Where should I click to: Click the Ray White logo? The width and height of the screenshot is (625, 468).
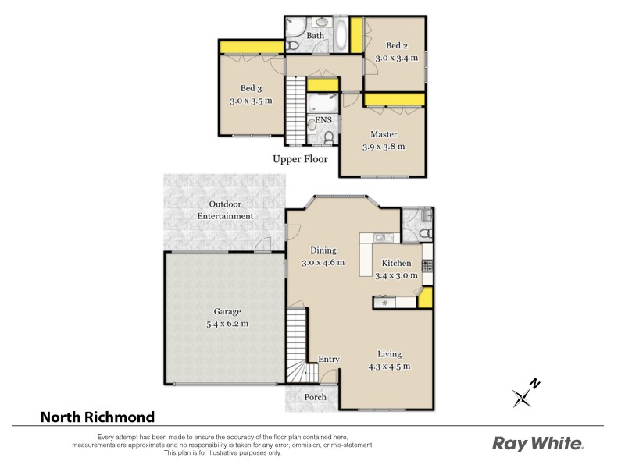click(x=537, y=444)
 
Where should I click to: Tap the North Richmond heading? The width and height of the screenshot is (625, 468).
click(x=98, y=417)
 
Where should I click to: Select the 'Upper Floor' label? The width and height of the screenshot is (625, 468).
click(x=300, y=159)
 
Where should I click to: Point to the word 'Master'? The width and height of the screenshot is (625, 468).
click(x=384, y=134)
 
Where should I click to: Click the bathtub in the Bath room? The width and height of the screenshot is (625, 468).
click(x=342, y=35)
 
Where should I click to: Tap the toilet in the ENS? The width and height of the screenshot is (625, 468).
click(x=328, y=137)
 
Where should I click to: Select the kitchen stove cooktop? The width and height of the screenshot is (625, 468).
click(x=427, y=265)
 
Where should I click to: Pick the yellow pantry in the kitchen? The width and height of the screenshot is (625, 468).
click(x=425, y=298)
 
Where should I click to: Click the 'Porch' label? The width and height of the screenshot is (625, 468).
click(x=316, y=398)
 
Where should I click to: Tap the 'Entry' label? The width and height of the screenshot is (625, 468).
click(x=329, y=360)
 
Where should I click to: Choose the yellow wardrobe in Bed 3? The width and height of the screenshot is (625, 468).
click(x=251, y=48)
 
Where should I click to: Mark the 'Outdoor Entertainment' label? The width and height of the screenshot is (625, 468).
click(x=225, y=210)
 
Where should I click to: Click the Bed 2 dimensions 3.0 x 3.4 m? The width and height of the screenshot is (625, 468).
click(x=396, y=58)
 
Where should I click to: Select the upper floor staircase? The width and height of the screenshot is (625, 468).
click(x=295, y=109)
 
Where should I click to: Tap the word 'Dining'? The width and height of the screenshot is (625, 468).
click(x=323, y=250)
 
